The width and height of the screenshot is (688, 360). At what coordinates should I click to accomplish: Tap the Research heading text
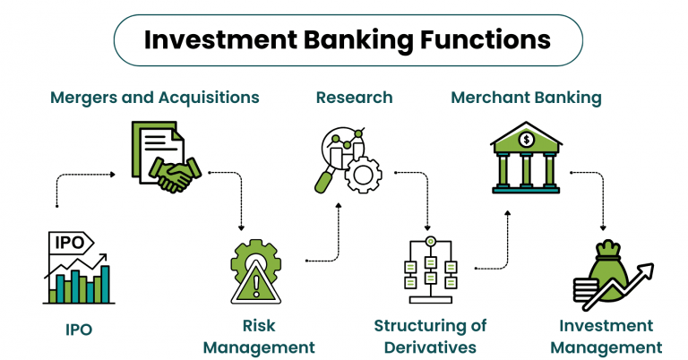[x=354, y=98]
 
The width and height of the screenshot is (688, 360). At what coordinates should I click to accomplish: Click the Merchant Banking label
[x=526, y=98]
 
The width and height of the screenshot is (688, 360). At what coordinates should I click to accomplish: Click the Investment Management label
[x=606, y=337]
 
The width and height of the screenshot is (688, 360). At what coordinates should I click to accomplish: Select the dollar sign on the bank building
[x=527, y=139]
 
